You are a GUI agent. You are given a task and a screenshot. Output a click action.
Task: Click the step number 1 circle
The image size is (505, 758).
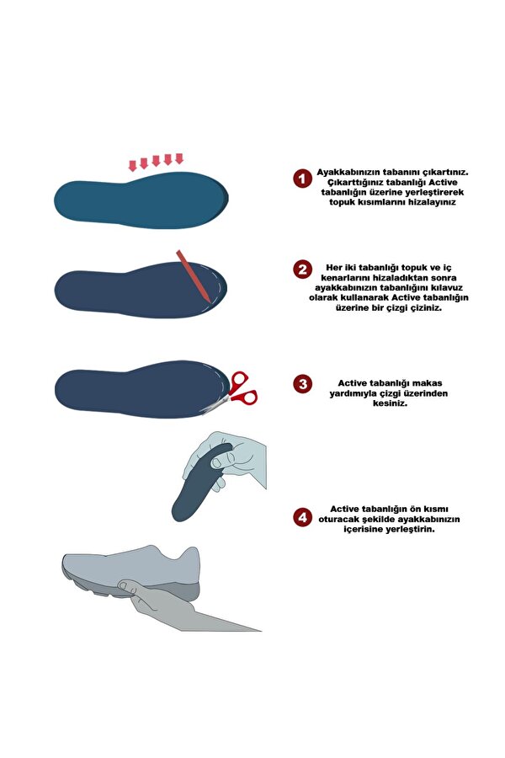[302, 179]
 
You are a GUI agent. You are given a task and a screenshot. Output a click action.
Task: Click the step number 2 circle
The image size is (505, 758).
[302, 269]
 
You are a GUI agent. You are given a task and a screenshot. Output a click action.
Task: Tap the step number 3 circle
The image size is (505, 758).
[302, 384]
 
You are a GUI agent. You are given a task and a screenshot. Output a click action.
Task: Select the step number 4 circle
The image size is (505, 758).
[302, 517]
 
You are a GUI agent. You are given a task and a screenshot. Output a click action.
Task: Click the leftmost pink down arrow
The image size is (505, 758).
[132, 166]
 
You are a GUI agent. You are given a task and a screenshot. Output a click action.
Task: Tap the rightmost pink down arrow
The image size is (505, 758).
[179, 158]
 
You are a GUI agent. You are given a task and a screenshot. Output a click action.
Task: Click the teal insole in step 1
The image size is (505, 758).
[141, 200]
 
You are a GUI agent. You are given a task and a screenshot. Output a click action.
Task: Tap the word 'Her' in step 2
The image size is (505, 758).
[334, 267]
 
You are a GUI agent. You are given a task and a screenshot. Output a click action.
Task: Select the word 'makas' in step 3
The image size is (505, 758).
[428, 383]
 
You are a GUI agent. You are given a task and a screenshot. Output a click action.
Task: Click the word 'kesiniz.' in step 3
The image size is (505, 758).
[390, 403]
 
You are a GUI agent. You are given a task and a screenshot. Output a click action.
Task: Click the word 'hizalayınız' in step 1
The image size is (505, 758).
[432, 202]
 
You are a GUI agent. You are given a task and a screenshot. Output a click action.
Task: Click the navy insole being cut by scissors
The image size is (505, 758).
[141, 389]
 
